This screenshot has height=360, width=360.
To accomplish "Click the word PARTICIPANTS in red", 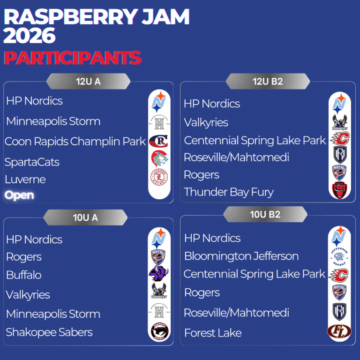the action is click(73, 58).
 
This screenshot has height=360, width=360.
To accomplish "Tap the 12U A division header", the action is click(89, 81).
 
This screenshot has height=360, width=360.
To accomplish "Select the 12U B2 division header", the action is click(268, 81).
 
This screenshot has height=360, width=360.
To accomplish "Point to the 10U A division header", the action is click(85, 217).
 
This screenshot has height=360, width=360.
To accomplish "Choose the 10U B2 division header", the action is click(265, 214).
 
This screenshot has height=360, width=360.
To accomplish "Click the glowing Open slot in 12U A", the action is click(19, 195).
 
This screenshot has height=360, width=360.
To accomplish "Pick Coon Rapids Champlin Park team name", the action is click(75, 142).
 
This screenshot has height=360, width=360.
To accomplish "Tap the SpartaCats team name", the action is click(32, 162).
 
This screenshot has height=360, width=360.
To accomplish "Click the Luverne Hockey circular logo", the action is click(159, 177).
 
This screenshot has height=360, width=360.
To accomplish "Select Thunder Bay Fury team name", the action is click(229, 192).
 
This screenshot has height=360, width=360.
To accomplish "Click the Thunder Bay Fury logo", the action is click(339, 190).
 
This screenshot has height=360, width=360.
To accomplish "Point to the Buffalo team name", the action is click(24, 275).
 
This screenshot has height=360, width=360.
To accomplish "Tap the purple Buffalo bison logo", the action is click(158, 273).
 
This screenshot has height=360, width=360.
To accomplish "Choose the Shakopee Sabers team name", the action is click(49, 332).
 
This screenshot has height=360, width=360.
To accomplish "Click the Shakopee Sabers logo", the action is click(159, 331).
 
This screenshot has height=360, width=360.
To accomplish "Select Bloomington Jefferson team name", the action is click(241, 256).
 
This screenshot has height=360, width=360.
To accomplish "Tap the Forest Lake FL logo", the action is click(339, 331).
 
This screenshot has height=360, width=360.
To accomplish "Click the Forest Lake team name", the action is click(213, 333).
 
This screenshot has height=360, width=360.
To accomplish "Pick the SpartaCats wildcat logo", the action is click(159, 158).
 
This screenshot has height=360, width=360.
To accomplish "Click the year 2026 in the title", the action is click(30, 35).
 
